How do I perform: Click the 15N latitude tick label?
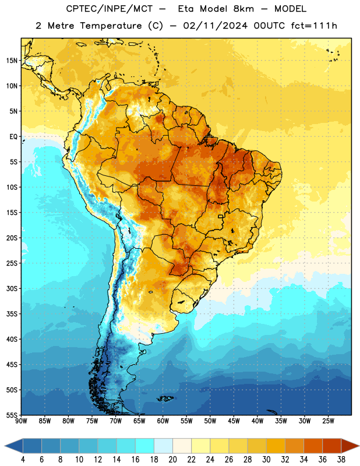(x=12, y=61)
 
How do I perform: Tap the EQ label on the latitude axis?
(x=13, y=137)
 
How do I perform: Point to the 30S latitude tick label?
(x=12, y=288)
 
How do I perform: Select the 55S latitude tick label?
(x=12, y=415)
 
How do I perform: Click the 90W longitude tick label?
(x=21, y=421)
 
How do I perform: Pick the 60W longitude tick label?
(x=163, y=421)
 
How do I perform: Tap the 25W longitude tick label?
(x=328, y=421)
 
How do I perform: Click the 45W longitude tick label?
(x=234, y=421)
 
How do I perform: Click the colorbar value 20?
(x=172, y=460)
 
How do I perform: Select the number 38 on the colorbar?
(x=341, y=460)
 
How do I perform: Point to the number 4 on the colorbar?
(x=23, y=460)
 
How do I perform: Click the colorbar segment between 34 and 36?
(x=313, y=446)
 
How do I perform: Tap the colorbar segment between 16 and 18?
(x=144, y=446)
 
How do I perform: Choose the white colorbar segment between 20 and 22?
(x=182, y=446)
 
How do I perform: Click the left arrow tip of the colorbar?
(x=5, y=446)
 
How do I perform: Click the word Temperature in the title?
(x=111, y=26)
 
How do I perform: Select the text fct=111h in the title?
(x=314, y=26)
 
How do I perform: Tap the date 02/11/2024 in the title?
(x=215, y=26)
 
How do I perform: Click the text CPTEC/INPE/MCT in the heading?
(x=109, y=9)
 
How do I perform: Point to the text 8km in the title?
(x=243, y=9)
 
